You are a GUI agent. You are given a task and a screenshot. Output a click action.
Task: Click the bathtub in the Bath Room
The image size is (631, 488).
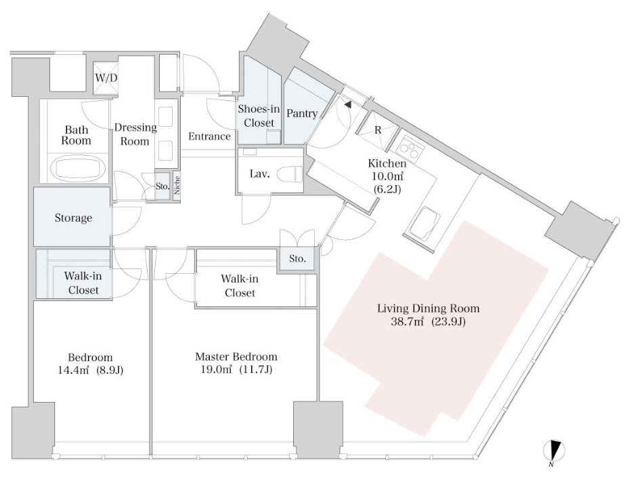79,169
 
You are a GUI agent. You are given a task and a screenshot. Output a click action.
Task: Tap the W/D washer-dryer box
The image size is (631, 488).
106,78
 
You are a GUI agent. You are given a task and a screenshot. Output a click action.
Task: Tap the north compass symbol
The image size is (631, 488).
554,451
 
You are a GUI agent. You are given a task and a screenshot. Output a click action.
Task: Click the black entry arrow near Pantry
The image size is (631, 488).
348,104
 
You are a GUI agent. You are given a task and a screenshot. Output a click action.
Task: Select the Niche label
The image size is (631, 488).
177,186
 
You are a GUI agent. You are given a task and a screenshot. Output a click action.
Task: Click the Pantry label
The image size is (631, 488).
302,114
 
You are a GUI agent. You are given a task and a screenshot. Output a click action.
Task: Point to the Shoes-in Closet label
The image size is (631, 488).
259,116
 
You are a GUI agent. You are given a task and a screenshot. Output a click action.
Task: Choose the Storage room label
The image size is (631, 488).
73,218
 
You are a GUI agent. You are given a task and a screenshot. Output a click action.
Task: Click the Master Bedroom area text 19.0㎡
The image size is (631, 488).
216,369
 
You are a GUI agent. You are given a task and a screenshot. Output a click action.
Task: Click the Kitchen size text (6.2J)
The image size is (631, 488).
387,188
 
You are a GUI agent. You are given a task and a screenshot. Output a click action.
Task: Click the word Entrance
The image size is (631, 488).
209,137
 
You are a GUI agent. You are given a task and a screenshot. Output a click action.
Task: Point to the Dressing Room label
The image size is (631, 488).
135,134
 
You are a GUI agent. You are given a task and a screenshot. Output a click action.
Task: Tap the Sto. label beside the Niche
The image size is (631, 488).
162,186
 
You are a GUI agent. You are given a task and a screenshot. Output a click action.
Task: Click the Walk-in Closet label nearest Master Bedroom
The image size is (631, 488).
240,286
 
